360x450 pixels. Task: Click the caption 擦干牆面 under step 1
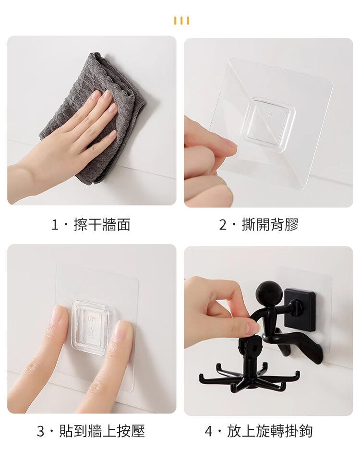pyautogui.click(x=102, y=224)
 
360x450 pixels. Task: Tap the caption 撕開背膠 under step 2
pyautogui.click(x=270, y=224)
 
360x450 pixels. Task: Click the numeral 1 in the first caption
pyautogui.click(x=55, y=225)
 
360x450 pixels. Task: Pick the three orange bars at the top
pyautogui.click(x=181, y=21)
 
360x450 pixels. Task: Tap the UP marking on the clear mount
pyautogui.click(x=91, y=318)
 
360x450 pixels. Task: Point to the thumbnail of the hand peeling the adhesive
pyautogui.click(x=268, y=122)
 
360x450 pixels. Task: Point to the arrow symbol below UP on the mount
pyautogui.click(x=92, y=330)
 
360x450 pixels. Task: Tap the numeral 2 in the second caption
pyautogui.click(x=223, y=225)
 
